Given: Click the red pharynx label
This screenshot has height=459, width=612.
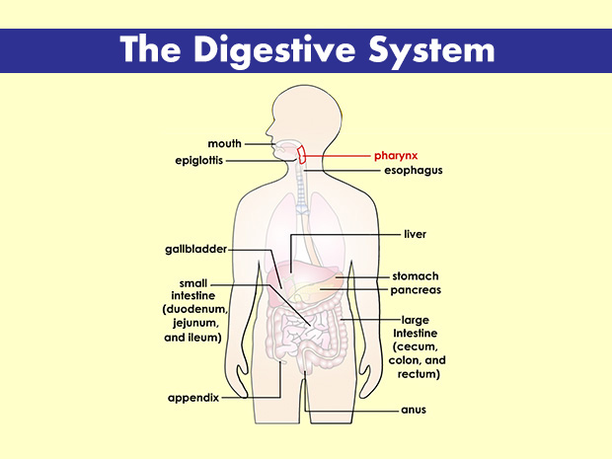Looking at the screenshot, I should tap(397, 156).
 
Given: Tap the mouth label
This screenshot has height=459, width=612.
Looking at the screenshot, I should tap(224, 144).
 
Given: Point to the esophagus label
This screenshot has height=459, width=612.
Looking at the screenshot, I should tap(413, 171).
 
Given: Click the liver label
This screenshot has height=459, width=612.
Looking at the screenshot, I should tap(415, 235).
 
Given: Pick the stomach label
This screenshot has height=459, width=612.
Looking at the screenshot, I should tap(415, 276).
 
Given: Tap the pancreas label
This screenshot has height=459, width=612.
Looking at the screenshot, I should tap(416, 290).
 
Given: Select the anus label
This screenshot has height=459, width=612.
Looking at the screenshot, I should tap(413, 409).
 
